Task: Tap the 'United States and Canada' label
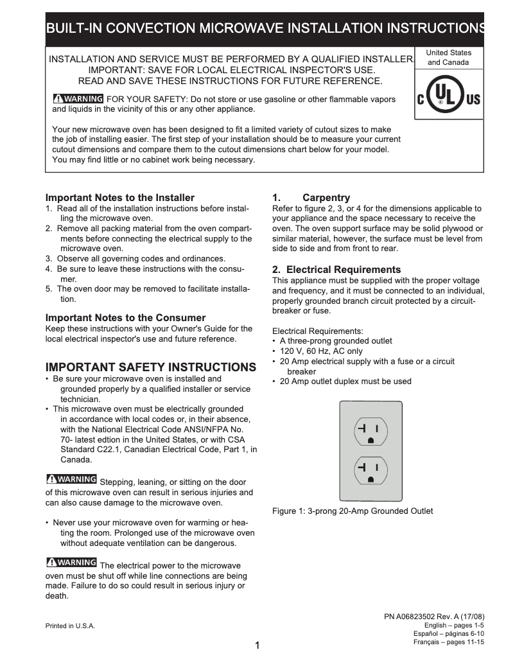pos(449,58)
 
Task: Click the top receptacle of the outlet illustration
pos(371,433)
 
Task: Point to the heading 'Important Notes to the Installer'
pos(119,198)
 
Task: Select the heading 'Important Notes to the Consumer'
pos(125,318)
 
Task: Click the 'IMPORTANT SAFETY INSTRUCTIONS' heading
pos(150,367)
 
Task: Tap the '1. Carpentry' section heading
pos(311,198)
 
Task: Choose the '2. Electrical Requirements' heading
pos(336,270)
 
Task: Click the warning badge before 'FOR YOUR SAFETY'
pos(78,99)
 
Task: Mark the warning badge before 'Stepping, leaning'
pos(71,479)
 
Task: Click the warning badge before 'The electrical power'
pos(71,563)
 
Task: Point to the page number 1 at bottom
pos(257,646)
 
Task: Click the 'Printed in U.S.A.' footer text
pos(70,626)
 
